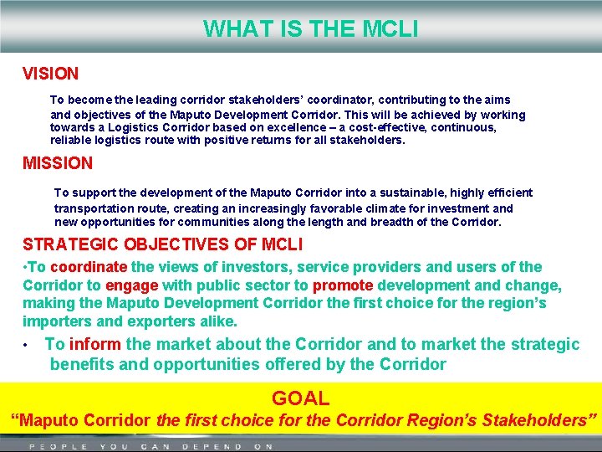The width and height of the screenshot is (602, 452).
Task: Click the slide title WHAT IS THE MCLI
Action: point(310,29)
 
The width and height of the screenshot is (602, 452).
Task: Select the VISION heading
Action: point(50,74)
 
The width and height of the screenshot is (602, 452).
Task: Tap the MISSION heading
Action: point(58,163)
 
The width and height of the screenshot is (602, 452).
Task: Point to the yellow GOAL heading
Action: point(300,398)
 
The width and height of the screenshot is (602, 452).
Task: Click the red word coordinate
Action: point(89,267)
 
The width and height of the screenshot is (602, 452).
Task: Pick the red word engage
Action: point(131,285)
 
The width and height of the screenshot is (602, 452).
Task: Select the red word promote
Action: point(343,285)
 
